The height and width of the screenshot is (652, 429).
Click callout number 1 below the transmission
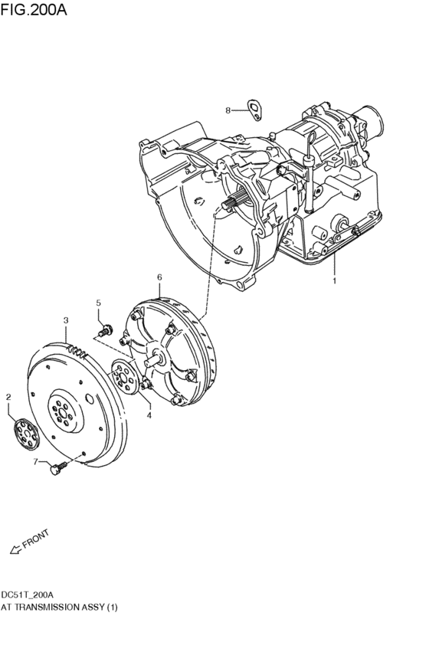pos(334,280)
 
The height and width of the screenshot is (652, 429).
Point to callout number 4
pos(149,415)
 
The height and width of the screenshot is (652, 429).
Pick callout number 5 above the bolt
pos(99,303)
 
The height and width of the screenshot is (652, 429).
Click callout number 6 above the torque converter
pos(159,277)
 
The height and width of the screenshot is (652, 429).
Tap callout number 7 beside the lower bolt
pos(34,461)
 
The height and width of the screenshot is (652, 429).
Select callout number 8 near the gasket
pos(228,110)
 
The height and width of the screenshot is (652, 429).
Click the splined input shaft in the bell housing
pos(234,201)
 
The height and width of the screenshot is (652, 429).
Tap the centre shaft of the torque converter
pos(159,357)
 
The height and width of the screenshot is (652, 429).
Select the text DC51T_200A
pos(27,595)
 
